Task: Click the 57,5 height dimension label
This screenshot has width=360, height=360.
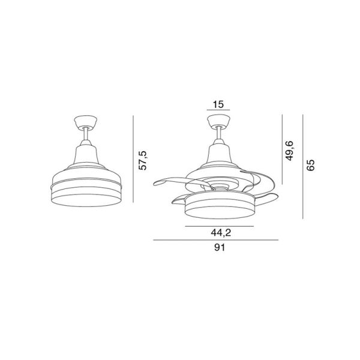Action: (x=143, y=160)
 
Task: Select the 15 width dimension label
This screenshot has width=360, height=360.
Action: (x=218, y=104)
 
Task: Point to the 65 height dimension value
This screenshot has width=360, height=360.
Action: (x=311, y=166)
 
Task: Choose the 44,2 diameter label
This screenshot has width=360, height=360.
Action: (x=218, y=233)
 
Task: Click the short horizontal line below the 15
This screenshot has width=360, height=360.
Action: (x=218, y=112)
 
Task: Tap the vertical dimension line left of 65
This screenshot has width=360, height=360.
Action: (x=304, y=166)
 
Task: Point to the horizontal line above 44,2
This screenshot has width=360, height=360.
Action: (x=218, y=226)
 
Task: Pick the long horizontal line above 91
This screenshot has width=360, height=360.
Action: (x=217, y=241)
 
